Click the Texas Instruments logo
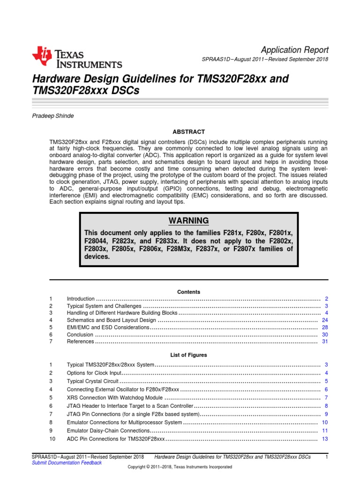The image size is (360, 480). point(77,58)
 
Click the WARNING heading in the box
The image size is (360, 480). point(188,221)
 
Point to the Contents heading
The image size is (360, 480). point(188,292)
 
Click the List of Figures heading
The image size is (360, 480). point(188,355)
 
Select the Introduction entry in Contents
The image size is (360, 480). point(81,299)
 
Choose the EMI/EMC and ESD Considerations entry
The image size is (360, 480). point(108,327)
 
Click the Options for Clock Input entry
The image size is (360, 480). point(94,373)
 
